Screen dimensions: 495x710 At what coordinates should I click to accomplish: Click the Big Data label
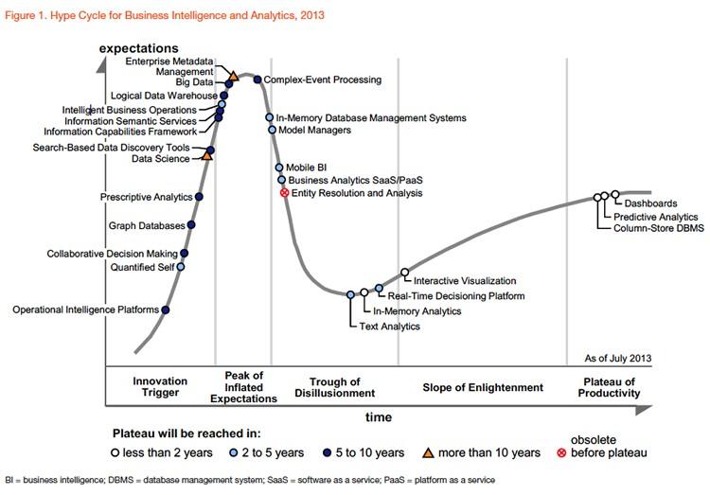point(197,83)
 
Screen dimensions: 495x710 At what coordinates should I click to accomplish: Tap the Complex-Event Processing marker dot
point(257,80)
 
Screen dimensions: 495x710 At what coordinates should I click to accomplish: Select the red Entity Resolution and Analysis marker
point(283,192)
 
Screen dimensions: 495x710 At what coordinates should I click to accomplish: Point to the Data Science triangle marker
point(207,155)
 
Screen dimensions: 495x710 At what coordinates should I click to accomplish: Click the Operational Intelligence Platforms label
point(85,309)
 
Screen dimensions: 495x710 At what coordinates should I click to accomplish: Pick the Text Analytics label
point(389,327)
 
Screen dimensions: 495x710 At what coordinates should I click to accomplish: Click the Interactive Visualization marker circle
point(405,273)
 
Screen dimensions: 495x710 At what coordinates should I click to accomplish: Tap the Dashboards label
point(650,203)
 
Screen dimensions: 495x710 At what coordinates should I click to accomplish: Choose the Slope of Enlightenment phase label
point(484,387)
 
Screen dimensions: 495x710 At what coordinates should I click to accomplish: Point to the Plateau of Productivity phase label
point(607,387)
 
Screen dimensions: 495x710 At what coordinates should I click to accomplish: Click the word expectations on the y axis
point(140,48)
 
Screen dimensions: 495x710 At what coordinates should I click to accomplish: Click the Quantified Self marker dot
point(181,267)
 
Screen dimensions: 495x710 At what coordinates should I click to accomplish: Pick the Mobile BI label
point(307,168)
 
